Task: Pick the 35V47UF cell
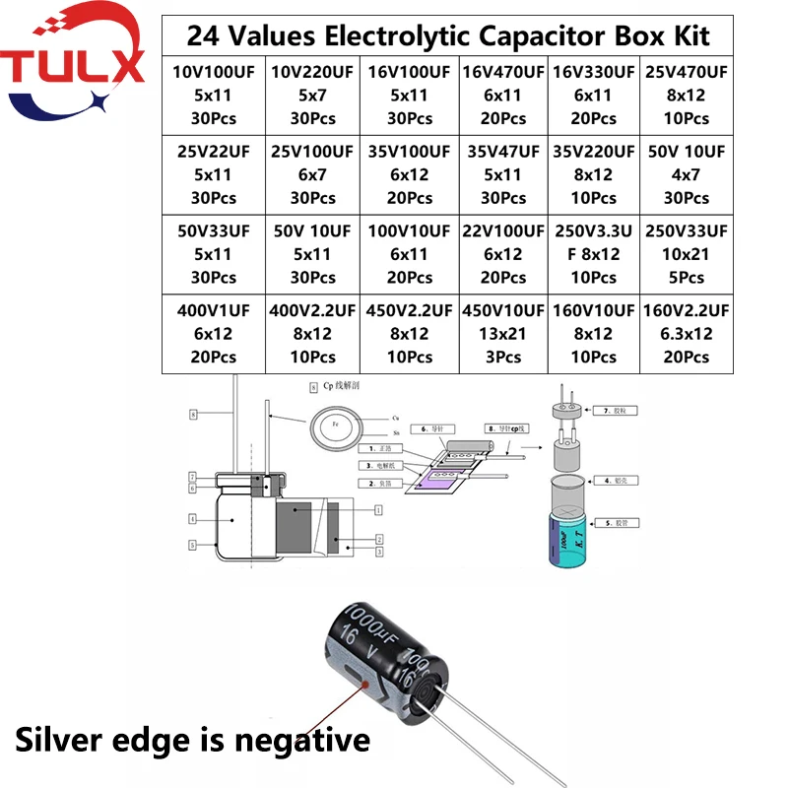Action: pos(502,174)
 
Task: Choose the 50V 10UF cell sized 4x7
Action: pos(687,174)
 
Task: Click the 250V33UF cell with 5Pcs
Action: pos(687,254)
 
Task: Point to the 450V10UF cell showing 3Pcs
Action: pos(502,333)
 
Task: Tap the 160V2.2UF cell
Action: pos(687,333)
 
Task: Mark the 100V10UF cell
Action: pos(410,254)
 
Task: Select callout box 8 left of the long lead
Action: pos(194,416)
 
